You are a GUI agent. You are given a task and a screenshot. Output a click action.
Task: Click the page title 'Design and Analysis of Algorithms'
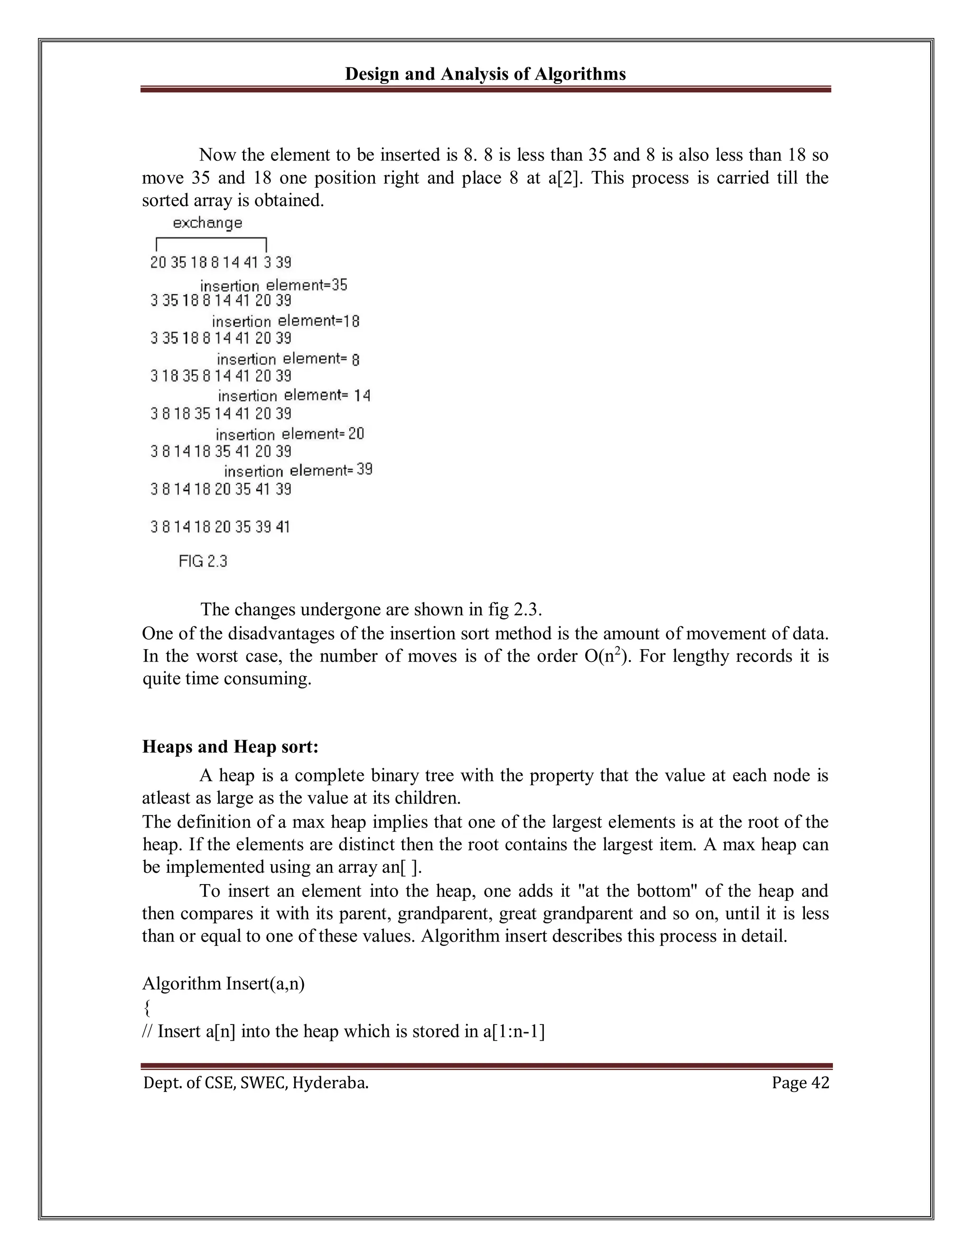[x=485, y=75]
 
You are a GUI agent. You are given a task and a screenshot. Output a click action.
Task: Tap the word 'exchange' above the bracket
[x=207, y=223]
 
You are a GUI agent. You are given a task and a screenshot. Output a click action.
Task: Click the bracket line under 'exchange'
[x=211, y=239]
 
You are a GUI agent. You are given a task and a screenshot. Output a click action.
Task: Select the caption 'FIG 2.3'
[x=203, y=561]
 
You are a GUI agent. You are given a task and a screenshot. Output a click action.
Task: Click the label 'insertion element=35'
[x=274, y=285]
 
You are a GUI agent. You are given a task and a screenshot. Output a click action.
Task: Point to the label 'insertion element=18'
[x=285, y=321]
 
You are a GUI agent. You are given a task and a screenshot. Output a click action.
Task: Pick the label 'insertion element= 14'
[x=294, y=396]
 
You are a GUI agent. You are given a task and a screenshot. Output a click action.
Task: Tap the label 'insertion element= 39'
[x=298, y=471]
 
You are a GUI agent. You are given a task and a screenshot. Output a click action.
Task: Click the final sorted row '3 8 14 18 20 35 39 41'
[x=220, y=526]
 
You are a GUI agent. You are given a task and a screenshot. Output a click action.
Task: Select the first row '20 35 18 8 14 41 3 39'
[x=221, y=263]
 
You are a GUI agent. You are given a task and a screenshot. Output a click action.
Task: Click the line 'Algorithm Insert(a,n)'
[x=224, y=983]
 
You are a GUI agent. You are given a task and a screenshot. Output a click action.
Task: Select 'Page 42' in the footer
[x=800, y=1083]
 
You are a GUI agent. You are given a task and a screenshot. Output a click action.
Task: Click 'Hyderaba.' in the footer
[x=330, y=1083]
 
